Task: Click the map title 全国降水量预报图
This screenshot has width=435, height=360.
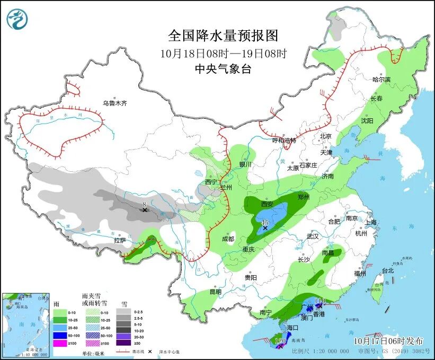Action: (x=223, y=36)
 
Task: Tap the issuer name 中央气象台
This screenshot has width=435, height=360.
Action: (x=223, y=69)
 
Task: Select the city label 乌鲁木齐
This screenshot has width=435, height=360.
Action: (x=115, y=103)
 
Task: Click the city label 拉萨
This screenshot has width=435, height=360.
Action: (x=120, y=240)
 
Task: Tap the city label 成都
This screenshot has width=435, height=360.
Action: (x=228, y=239)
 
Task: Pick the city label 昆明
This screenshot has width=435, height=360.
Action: (x=215, y=291)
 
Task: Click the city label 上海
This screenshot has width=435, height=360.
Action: (x=370, y=222)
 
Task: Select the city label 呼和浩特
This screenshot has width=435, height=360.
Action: (x=284, y=141)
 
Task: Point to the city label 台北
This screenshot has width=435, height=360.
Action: (x=387, y=270)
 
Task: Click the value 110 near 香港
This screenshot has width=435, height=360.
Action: (x=319, y=301)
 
